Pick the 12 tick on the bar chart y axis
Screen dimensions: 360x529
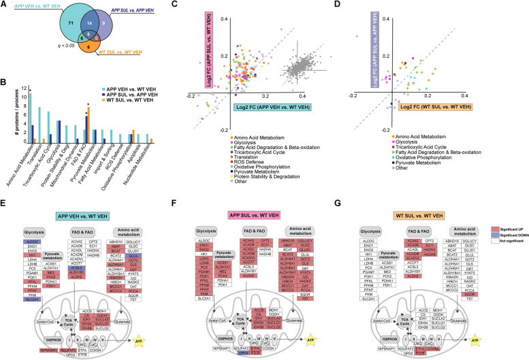point(23,89)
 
